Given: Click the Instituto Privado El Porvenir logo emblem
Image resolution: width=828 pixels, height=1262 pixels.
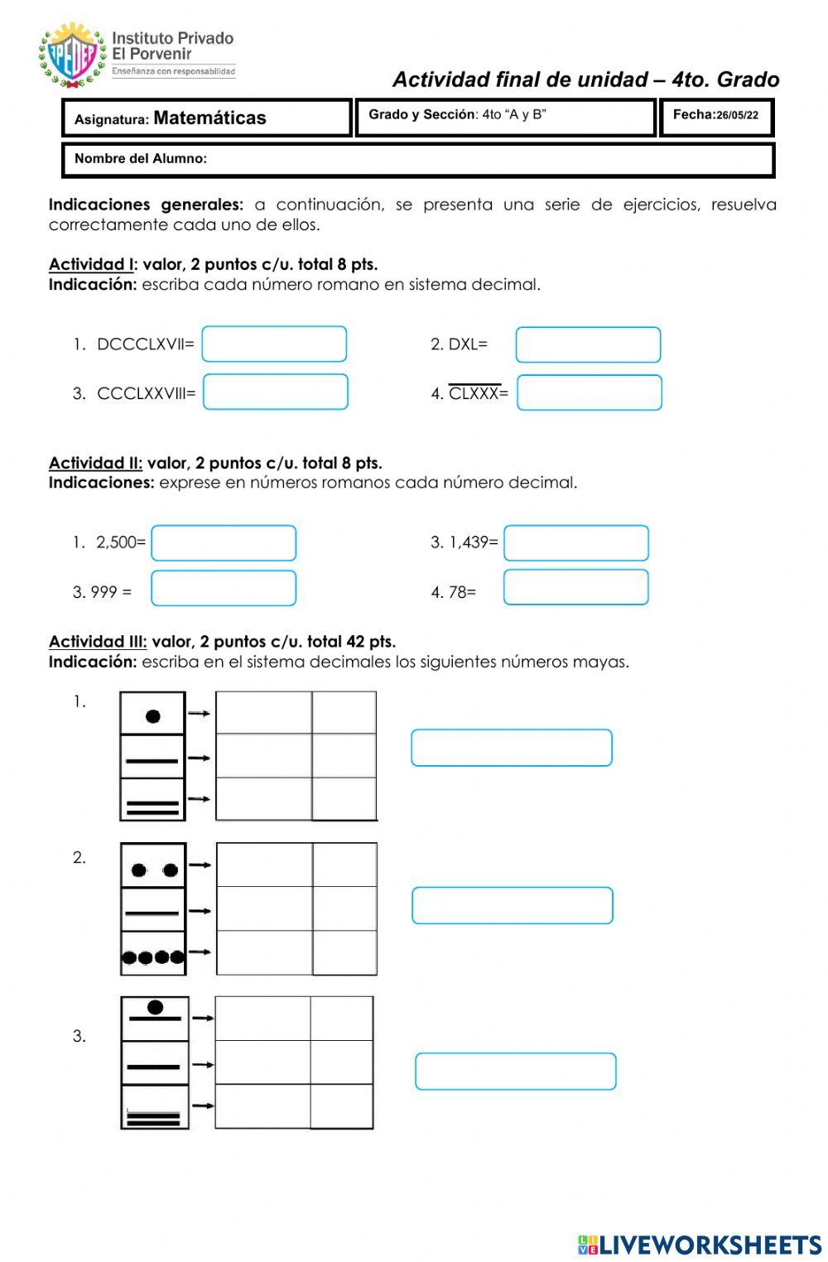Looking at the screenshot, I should click(x=72, y=55).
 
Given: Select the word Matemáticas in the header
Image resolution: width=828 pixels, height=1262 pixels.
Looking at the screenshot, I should click(x=209, y=118).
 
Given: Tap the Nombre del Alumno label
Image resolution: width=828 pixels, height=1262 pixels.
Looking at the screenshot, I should click(x=141, y=159).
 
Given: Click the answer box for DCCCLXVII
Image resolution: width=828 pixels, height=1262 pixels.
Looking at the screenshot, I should click(x=274, y=344).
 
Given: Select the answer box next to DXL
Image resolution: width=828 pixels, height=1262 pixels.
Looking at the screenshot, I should click(x=588, y=345).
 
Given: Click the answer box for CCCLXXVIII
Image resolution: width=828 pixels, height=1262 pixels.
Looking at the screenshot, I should click(x=275, y=393).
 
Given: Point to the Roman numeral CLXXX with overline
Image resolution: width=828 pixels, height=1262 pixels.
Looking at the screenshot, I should click(x=474, y=393).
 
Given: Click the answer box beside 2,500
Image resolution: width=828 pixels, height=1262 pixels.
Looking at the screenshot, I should click(x=224, y=543).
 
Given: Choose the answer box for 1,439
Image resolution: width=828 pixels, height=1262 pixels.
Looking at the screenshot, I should click(x=576, y=543).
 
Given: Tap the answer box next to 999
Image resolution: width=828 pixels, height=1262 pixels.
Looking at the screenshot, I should click(x=224, y=589).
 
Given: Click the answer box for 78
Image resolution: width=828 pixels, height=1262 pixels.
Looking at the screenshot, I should click(x=576, y=588).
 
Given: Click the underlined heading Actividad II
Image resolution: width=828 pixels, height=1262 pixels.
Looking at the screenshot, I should click(x=95, y=463).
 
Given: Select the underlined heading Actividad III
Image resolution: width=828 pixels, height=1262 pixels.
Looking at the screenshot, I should click(x=98, y=642).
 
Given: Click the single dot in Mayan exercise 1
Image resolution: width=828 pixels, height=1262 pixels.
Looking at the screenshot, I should click(x=153, y=716).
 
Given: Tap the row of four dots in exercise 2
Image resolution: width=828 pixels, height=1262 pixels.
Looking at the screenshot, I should click(x=153, y=958).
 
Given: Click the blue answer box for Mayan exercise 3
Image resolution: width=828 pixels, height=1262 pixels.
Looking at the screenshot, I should click(x=516, y=1072).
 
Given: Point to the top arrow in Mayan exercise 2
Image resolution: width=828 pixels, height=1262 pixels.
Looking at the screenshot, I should click(x=200, y=865).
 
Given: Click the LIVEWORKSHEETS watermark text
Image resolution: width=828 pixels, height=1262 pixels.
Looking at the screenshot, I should click(x=710, y=1245).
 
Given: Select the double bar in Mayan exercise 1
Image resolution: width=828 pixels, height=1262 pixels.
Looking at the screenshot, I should click(x=153, y=807).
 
